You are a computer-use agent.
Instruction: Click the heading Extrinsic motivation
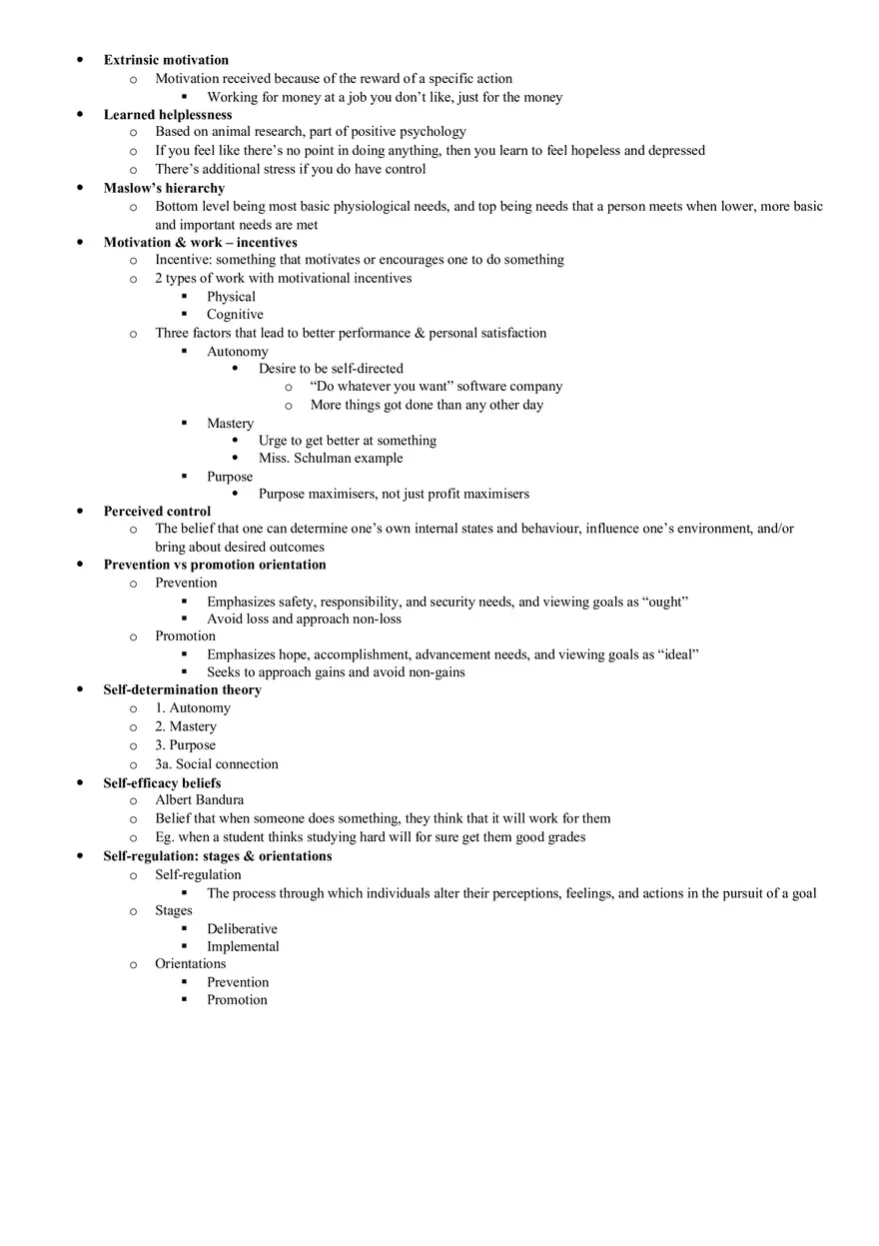click(x=166, y=60)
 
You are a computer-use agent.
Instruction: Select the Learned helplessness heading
click(x=168, y=115)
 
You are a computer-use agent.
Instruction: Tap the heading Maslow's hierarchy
click(x=164, y=188)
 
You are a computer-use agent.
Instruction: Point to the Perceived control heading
click(x=157, y=511)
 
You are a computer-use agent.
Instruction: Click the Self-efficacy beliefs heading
click(x=162, y=782)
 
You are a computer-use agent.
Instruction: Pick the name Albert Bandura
click(x=199, y=799)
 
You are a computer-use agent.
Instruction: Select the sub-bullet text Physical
click(x=231, y=296)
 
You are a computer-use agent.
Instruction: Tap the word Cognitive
click(x=235, y=314)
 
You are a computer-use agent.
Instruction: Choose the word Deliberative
click(x=242, y=928)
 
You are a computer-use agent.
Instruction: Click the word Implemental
click(x=243, y=946)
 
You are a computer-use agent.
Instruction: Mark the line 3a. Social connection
click(x=217, y=763)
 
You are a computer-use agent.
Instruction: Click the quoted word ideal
click(x=678, y=654)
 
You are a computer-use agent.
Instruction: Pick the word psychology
click(x=435, y=131)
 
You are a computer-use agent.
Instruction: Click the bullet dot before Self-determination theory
click(x=80, y=689)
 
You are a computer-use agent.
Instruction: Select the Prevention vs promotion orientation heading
click(x=215, y=565)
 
